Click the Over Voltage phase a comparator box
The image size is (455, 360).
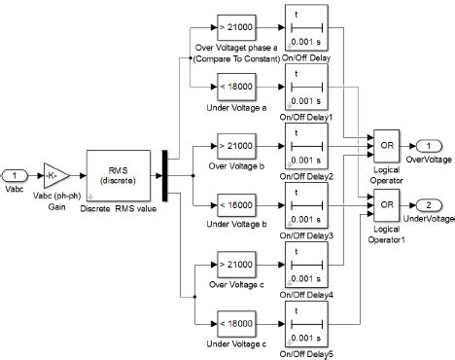click(x=234, y=22)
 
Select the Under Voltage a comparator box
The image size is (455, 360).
click(x=234, y=86)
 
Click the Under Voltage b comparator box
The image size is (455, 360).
click(x=234, y=205)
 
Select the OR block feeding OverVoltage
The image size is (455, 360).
click(x=386, y=144)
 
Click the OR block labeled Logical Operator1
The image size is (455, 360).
click(x=386, y=204)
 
